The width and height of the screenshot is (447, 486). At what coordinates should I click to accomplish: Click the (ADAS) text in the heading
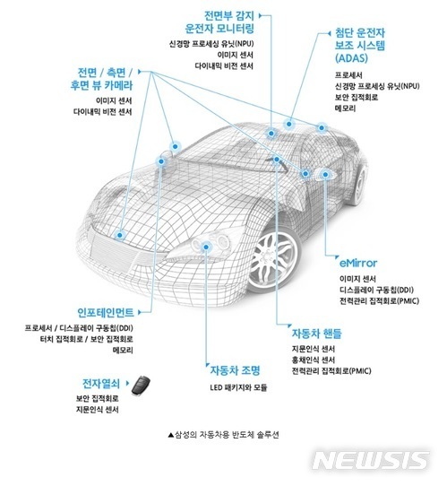(341, 56)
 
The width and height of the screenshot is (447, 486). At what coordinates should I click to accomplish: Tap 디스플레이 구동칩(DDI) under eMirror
(370, 290)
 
